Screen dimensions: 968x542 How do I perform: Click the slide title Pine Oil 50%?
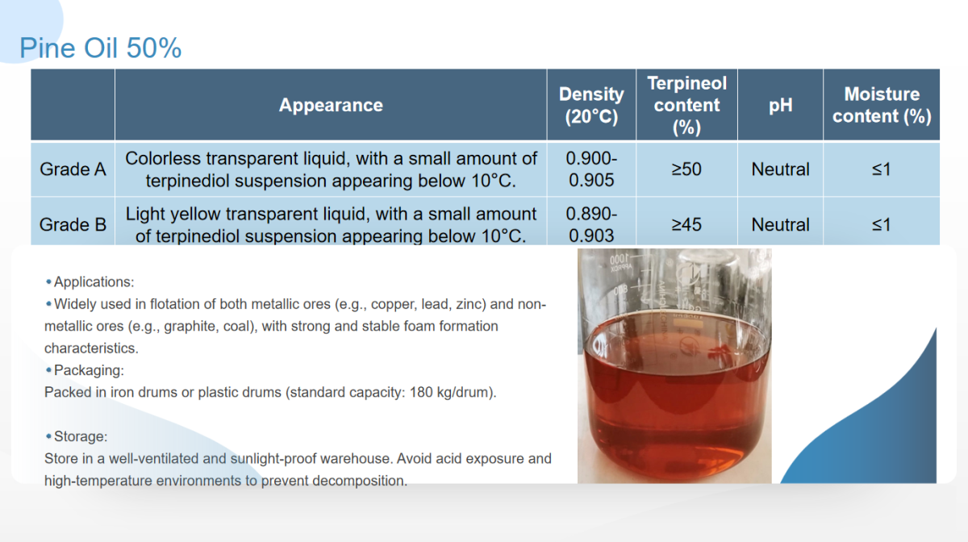[100, 48]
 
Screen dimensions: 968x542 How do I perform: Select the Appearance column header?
[331, 105]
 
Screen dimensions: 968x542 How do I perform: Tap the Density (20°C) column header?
[591, 105]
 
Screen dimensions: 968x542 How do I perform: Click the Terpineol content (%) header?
[686, 105]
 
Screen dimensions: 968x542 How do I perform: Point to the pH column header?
[781, 106]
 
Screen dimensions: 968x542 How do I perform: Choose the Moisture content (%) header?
[882, 105]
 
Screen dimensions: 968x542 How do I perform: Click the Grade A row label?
[73, 169]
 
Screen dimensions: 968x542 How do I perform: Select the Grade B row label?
[73, 224]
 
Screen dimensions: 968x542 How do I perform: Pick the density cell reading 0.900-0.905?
[591, 169]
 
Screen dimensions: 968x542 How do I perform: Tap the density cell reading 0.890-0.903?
[591, 224]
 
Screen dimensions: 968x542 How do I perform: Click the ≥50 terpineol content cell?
[686, 169]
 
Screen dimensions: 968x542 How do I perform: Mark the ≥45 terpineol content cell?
[686, 224]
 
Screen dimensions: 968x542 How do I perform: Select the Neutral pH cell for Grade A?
[781, 169]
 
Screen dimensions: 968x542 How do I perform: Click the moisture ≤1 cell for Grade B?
[881, 224]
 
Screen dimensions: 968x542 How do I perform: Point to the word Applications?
[93, 281]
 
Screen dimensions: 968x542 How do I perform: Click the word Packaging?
[88, 370]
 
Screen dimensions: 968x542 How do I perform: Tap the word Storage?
[80, 436]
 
